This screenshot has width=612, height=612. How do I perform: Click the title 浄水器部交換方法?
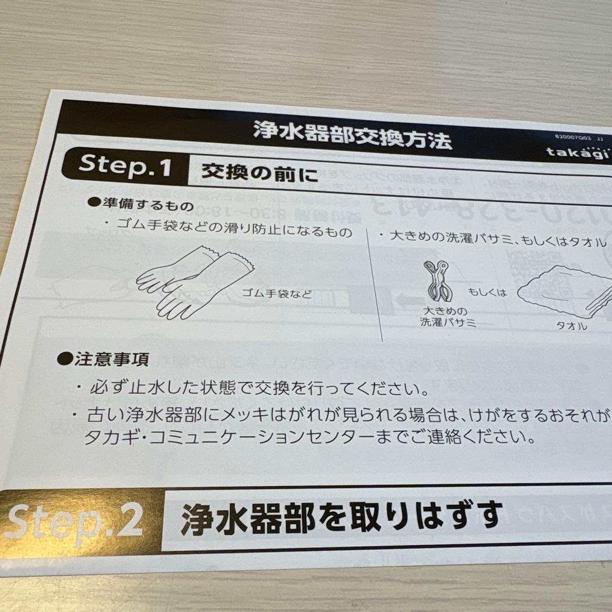pyautogui.click(x=352, y=135)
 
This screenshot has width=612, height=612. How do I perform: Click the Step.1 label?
pyautogui.click(x=125, y=165)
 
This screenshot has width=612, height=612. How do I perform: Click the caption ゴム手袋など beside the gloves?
pyautogui.click(x=277, y=294)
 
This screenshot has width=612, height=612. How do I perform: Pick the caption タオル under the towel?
pyautogui.click(x=570, y=326)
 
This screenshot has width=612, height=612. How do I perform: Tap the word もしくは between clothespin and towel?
pyautogui.click(x=487, y=292)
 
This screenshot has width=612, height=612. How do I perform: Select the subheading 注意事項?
pyautogui.click(x=111, y=359)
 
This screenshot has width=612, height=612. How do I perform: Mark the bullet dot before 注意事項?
pyautogui.click(x=66, y=358)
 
